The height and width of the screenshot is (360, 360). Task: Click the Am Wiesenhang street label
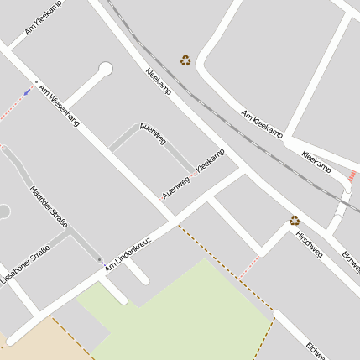[x=60, y=105]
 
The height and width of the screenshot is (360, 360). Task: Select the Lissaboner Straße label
[x=25, y=266]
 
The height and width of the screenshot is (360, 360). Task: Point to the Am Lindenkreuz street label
[x=127, y=252]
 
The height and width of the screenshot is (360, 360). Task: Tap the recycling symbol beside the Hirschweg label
[x=295, y=221]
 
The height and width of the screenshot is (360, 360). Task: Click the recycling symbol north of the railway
[x=185, y=60]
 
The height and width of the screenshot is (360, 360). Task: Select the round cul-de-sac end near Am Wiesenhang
[x=106, y=69]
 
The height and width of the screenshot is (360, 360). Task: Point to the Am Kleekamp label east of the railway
[x=262, y=124]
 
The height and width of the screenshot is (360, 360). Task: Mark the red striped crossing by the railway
[x=352, y=177]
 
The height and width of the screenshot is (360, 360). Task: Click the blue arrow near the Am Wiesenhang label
[x=28, y=91]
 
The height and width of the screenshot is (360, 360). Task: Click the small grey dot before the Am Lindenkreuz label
[x=101, y=261]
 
